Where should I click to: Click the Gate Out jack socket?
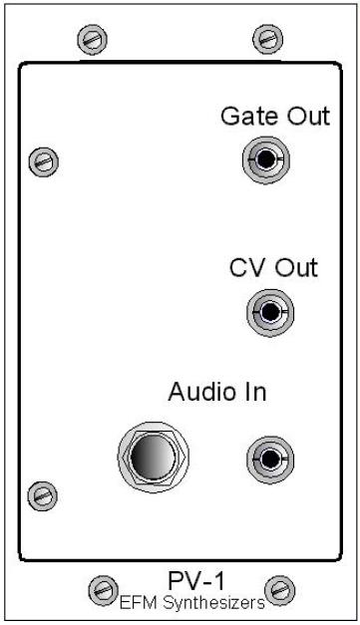(266, 159)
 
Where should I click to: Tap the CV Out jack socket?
(270, 312)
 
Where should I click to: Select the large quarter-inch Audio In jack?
(154, 458)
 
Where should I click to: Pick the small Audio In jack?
(270, 459)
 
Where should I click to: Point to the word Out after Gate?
(309, 117)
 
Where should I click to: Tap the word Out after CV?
(297, 267)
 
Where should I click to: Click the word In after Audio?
(252, 392)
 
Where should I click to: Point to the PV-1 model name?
(196, 581)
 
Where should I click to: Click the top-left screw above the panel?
(92, 40)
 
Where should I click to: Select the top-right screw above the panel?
(268, 39)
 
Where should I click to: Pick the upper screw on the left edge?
(44, 161)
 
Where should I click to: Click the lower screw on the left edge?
(42, 496)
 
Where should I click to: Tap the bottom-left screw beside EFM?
(104, 590)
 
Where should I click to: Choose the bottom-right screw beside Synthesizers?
(280, 590)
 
